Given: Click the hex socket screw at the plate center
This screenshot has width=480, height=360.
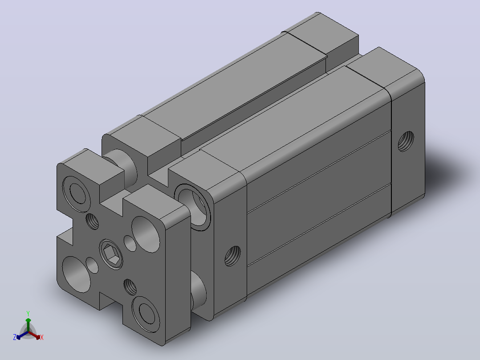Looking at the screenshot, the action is tap(111, 254).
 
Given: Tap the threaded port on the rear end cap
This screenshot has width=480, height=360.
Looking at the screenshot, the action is tap(406, 141).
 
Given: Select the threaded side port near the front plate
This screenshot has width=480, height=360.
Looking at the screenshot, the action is tap(232, 256).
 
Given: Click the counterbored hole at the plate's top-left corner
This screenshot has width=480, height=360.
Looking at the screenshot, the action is tap(77, 194).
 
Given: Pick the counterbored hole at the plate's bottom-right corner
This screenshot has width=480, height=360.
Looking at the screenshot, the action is tap(146, 314).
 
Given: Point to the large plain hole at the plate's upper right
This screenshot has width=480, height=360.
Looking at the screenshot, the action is tap(146, 234).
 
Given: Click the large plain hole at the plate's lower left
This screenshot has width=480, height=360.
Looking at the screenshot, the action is tap(77, 274).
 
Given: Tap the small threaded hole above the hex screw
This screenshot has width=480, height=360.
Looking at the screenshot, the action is tap(92, 221).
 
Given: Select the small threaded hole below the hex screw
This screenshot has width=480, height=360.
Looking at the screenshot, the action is tap(130, 287).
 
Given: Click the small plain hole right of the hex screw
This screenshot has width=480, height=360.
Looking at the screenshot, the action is tap(130, 244).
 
